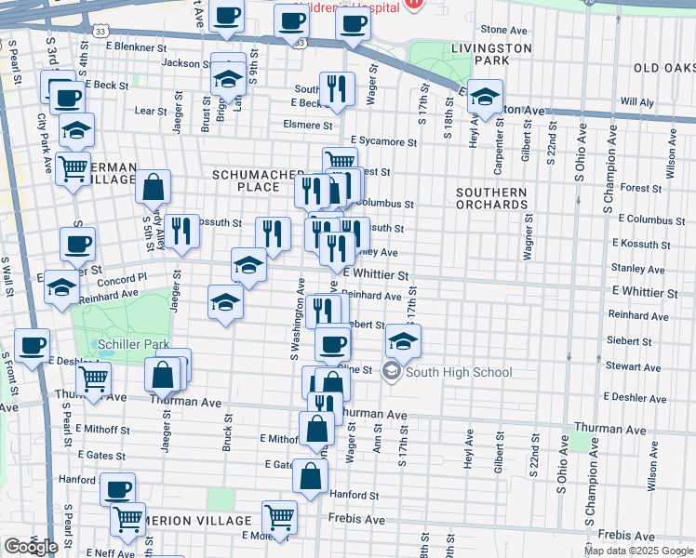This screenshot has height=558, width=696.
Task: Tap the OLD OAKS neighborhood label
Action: click(x=664, y=68)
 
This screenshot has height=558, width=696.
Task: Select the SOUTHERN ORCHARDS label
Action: click(x=491, y=198)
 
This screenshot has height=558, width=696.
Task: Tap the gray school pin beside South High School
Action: click(x=392, y=373)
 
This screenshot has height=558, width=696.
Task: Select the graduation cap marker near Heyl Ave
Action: click(x=484, y=96)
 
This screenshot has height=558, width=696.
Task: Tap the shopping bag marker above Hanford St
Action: click(x=310, y=475)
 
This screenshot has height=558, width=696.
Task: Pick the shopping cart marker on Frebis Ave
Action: click(x=279, y=515)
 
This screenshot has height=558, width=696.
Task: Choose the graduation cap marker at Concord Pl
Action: click(x=61, y=286)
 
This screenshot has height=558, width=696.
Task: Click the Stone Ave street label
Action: click(x=505, y=30)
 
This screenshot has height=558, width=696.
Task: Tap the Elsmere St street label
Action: click(x=308, y=125)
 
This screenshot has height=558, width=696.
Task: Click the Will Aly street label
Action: click(x=636, y=100)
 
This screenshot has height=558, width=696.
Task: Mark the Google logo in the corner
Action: click(x=30, y=547)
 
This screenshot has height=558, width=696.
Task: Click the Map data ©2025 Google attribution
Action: click(x=638, y=551)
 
